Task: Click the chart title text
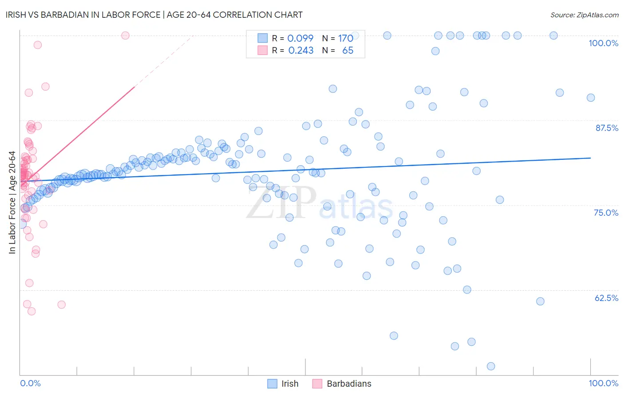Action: (154, 15)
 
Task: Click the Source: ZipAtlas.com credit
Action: (584, 15)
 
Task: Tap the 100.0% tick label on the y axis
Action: (603, 43)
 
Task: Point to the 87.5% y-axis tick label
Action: (607, 128)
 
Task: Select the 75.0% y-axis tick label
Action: (606, 213)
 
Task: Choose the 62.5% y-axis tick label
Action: (606, 298)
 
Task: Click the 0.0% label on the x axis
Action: (30, 383)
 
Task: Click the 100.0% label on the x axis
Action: (603, 383)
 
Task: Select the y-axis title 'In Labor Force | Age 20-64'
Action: (12, 202)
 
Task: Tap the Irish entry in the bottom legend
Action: (289, 384)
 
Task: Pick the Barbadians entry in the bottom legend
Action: (349, 384)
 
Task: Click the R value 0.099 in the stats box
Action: (300, 38)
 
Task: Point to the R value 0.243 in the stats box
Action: (300, 51)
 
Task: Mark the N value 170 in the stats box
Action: (345, 38)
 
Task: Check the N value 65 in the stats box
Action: (348, 51)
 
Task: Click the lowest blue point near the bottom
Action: (491, 366)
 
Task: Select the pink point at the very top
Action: (125, 36)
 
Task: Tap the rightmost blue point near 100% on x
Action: (591, 98)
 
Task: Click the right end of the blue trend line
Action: (591, 158)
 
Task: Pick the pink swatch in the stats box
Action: (263, 50)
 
